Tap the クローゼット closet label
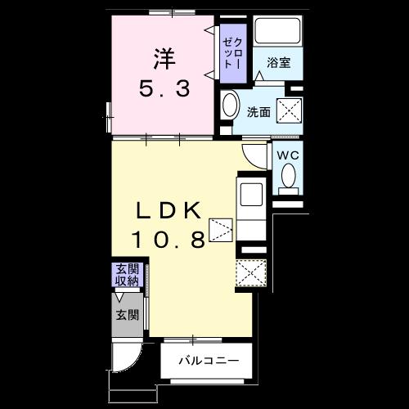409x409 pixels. click(x=232, y=51)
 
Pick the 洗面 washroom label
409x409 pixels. click(x=258, y=111)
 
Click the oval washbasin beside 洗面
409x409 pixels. click(x=230, y=106)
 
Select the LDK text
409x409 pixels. click(x=168, y=210)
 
